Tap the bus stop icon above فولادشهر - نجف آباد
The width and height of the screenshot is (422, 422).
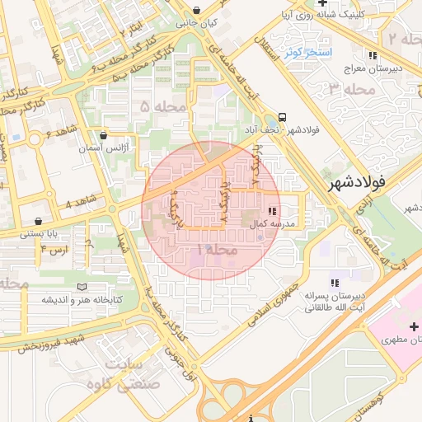[283, 118]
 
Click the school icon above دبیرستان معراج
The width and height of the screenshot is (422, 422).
[373, 55]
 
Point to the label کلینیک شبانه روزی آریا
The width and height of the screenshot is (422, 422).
[366, 15]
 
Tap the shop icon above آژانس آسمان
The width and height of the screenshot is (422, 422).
[103, 134]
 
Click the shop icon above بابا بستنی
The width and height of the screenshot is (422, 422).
[40, 221]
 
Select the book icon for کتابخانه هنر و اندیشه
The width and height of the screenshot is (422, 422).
[82, 286]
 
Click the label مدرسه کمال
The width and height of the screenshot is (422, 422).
[284, 223]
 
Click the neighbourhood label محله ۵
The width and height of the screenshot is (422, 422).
[162, 106]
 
